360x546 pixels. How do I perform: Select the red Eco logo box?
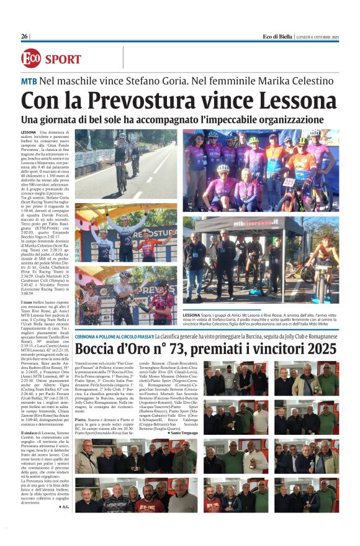point(31,59)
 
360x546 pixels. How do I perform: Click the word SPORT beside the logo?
point(63,60)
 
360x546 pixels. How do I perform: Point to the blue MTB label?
point(29,81)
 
